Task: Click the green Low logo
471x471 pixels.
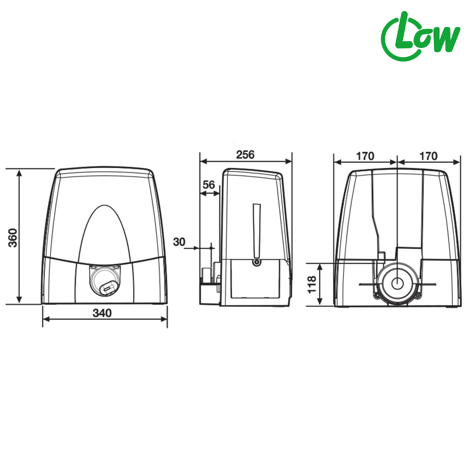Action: click(420, 36)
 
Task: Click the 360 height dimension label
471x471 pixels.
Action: click(13, 238)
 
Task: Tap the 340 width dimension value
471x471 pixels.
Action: click(102, 313)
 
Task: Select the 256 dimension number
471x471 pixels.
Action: click(245, 155)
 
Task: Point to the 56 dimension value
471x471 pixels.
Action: click(209, 184)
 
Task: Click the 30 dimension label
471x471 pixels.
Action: click(179, 242)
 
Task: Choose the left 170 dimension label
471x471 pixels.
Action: click(365, 156)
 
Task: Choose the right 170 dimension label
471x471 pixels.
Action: click(428, 156)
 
